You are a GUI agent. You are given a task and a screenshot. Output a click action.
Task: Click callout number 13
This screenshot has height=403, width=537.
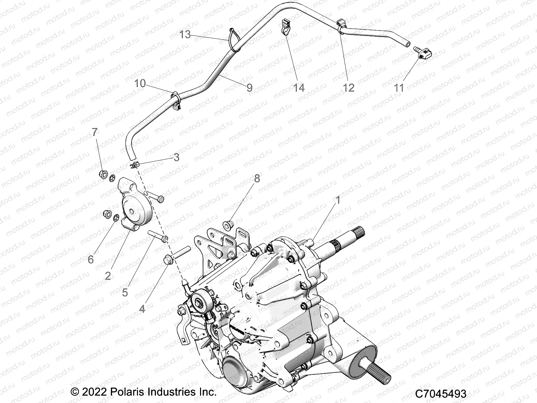[x=185, y=34]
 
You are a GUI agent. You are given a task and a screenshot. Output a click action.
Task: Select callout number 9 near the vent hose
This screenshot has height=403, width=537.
[x=249, y=88]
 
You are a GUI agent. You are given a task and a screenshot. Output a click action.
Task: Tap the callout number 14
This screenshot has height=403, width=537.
[x=298, y=88]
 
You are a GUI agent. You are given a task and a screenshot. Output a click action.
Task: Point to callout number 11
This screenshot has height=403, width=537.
[x=398, y=88]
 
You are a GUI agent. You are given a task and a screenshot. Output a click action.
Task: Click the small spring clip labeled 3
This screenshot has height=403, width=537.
[x=135, y=165]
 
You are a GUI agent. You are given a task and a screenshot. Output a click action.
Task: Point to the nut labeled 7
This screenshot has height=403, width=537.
[x=103, y=174]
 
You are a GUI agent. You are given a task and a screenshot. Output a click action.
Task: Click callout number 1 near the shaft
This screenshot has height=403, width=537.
[x=338, y=200]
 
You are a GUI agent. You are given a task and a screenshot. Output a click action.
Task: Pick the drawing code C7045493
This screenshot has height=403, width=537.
[x=440, y=393]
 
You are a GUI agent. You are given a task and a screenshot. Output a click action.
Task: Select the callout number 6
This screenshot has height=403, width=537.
[x=91, y=260]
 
